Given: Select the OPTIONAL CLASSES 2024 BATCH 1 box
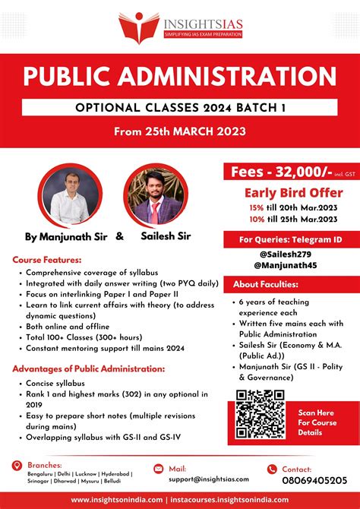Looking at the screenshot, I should click(179, 109).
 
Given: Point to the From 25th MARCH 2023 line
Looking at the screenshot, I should click(180, 131).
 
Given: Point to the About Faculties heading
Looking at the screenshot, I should click(266, 284).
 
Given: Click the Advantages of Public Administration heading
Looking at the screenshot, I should click(89, 368).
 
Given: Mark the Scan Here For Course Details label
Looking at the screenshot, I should click(317, 422).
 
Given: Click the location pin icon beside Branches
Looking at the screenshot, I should click(17, 465).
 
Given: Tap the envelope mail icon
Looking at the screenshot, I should click(158, 469).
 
